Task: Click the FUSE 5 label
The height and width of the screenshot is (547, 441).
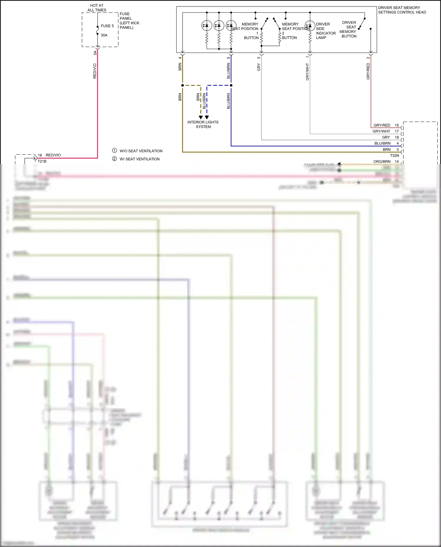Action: pyautogui.click(x=107, y=26)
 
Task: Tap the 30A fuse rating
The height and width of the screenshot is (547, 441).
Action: pyautogui.click(x=104, y=35)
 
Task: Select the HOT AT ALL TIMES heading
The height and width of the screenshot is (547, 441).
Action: pyautogui.click(x=97, y=8)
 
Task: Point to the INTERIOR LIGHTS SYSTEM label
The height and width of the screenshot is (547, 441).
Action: pyautogui.click(x=203, y=124)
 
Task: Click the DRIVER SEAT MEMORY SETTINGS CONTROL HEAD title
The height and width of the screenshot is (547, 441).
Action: pyautogui.click(x=402, y=10)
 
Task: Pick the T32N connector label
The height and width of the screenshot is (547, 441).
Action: pyautogui.click(x=395, y=155)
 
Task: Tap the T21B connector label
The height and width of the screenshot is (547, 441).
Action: pyautogui.click(x=42, y=161)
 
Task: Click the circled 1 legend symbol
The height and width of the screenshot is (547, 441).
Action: pyautogui.click(x=114, y=150)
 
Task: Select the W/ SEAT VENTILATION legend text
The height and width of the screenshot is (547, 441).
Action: pyautogui.click(x=140, y=159)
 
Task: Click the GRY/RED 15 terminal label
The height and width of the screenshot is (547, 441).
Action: pyautogui.click(x=386, y=125)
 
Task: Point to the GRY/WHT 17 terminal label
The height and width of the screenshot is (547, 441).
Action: pyautogui.click(x=385, y=131)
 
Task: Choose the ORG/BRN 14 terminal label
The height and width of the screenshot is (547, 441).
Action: pyautogui.click(x=386, y=162)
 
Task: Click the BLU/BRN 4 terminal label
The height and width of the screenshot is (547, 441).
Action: pyautogui.click(x=386, y=143)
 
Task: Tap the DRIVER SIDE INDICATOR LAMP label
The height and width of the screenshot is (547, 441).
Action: pyautogui.click(x=325, y=31)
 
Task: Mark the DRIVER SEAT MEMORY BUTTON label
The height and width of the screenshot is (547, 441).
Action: pyautogui.click(x=348, y=29)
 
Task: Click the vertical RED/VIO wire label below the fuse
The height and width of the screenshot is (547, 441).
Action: pyautogui.click(x=95, y=71)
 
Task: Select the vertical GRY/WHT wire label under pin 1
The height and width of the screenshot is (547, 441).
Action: pyautogui.click(x=308, y=72)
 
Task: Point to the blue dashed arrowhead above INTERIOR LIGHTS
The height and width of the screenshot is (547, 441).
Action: pyautogui.click(x=207, y=117)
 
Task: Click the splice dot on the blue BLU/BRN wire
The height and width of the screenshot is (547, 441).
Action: pyautogui.click(x=231, y=86)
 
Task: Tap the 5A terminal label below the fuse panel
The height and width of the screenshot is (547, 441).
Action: pyautogui.click(x=95, y=53)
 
